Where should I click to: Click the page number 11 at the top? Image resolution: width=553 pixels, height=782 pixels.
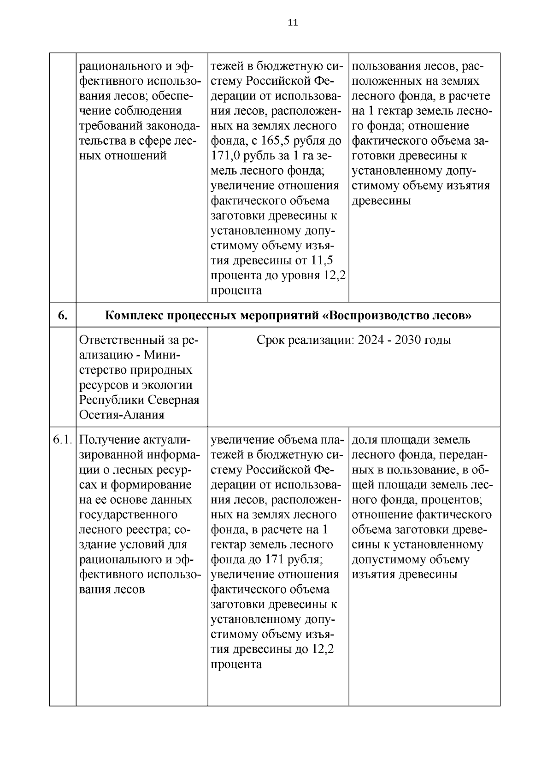[293, 23]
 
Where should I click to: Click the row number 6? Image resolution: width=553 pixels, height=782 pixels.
[63, 315]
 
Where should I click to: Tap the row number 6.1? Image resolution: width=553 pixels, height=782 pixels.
[63, 440]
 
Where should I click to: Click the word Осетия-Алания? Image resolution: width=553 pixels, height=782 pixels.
[122, 415]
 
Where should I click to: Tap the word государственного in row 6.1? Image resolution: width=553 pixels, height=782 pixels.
[129, 515]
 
